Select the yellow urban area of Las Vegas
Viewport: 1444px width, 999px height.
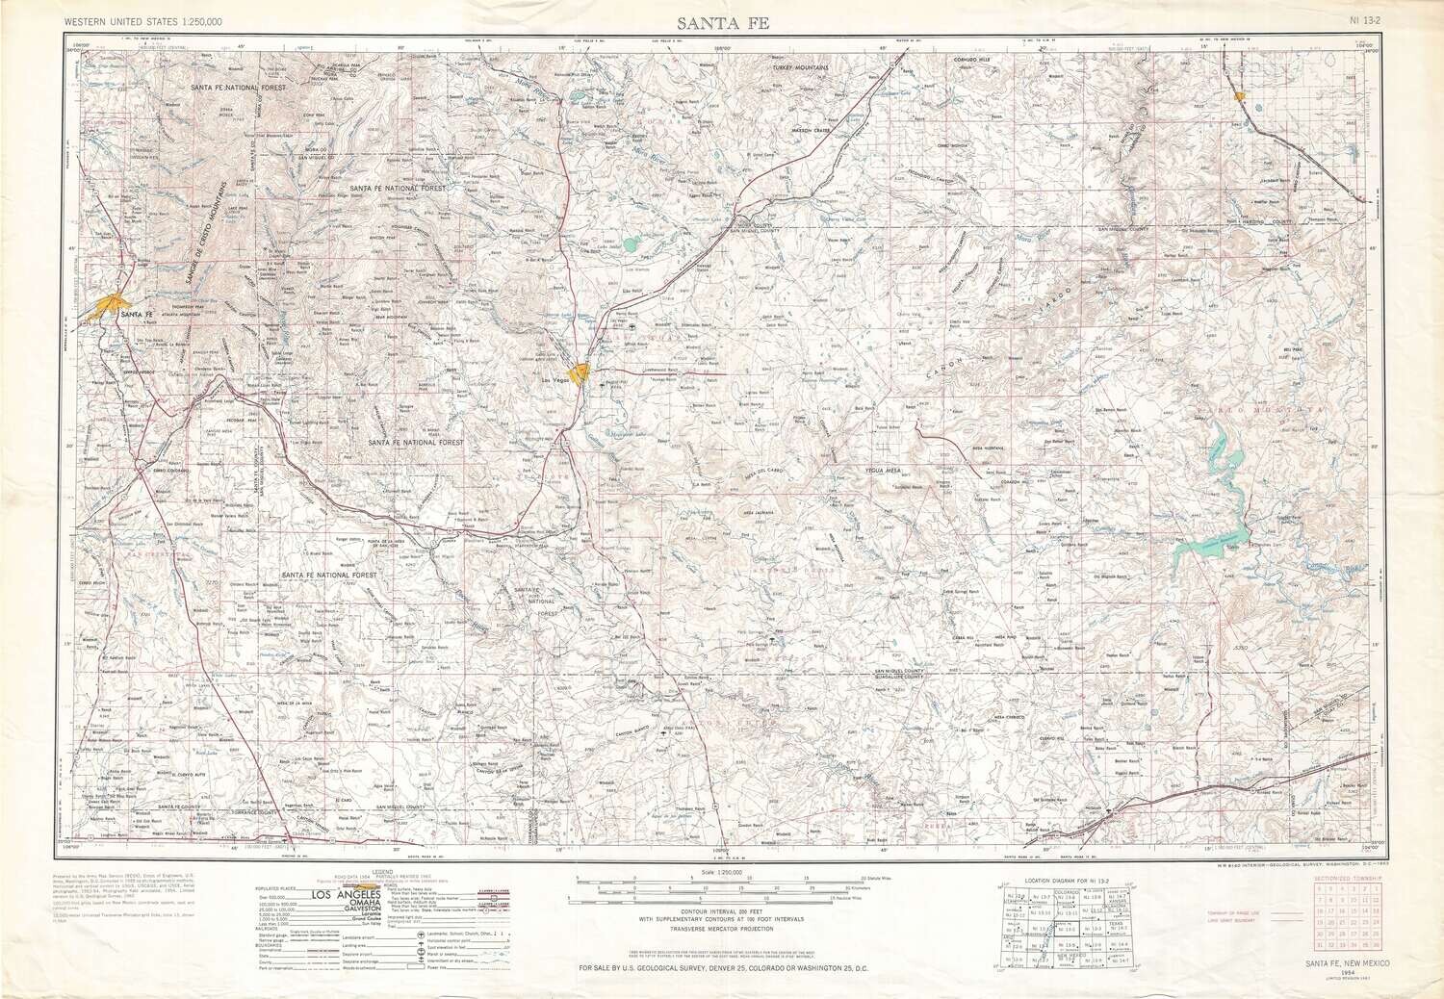click(x=580, y=373)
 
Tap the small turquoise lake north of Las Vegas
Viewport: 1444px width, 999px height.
click(x=632, y=244)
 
